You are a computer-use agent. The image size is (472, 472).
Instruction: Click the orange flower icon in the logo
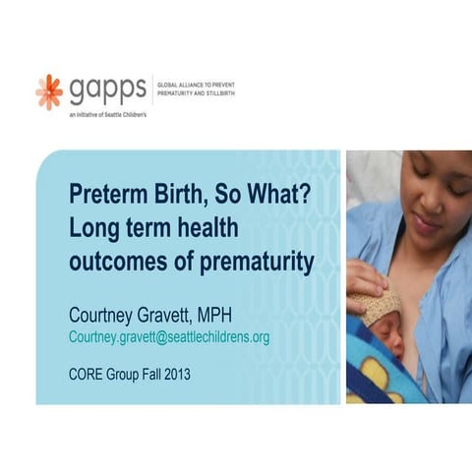[x=49, y=90]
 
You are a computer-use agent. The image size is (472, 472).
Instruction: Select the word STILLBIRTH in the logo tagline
[x=218, y=95]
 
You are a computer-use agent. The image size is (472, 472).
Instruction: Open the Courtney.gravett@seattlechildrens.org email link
[x=169, y=337]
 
